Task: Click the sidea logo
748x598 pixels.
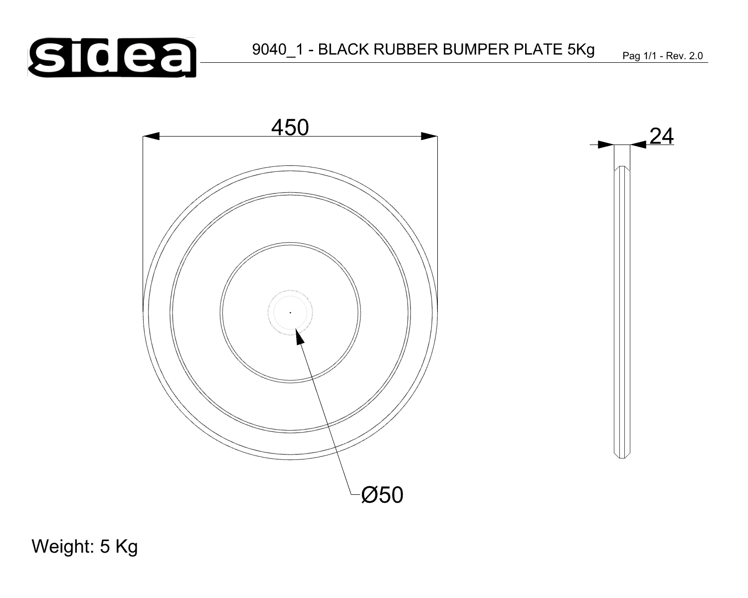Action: (x=112, y=57)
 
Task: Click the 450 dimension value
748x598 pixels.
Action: (x=290, y=127)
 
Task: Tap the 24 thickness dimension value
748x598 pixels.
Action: (x=661, y=136)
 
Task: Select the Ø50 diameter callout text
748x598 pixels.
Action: (x=382, y=495)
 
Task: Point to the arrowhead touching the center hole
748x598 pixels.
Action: (x=300, y=336)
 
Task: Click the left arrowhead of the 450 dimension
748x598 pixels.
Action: (x=151, y=136)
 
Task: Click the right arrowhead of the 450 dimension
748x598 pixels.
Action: (x=429, y=136)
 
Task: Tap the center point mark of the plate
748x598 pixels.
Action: (x=290, y=313)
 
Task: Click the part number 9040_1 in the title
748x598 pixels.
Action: (x=277, y=50)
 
